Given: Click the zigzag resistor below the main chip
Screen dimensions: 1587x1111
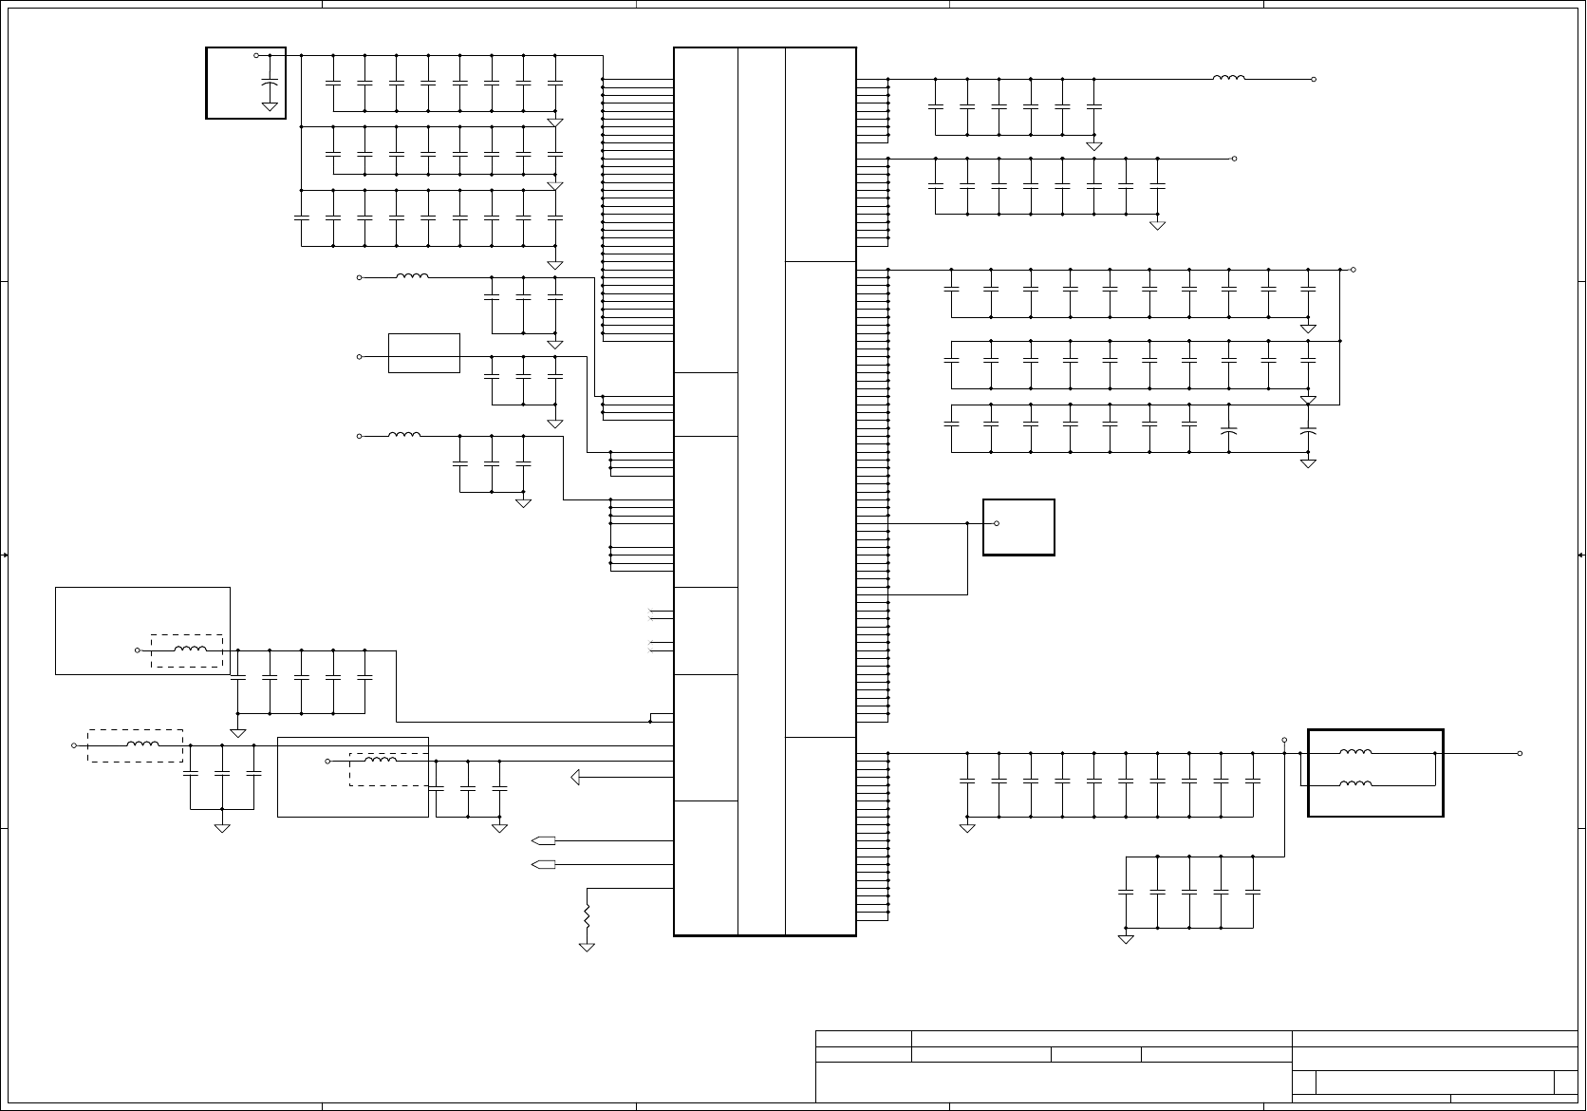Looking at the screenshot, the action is pos(587,917).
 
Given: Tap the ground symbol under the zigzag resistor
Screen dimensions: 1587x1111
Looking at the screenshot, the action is pos(587,947).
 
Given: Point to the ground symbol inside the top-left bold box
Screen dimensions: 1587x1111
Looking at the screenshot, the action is pos(270,106).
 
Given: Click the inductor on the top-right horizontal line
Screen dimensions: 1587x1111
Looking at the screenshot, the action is pos(1229,79).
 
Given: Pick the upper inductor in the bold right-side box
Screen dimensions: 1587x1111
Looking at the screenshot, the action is pos(1355,753).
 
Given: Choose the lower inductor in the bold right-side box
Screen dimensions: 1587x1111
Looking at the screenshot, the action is pos(1355,784).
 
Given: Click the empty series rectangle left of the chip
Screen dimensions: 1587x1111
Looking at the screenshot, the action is pos(424,353).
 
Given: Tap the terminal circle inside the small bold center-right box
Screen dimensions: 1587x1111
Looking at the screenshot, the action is pos(997,523).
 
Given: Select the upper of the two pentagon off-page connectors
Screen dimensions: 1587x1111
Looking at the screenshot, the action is pos(544,840).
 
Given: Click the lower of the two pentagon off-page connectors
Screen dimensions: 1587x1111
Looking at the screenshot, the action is pos(544,864).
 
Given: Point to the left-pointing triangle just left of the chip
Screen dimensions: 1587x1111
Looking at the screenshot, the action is pos(575,778).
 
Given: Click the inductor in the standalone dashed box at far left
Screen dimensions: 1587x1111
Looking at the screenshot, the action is pos(142,745).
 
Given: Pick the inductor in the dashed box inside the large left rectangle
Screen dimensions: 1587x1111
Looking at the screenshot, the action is pos(191,650).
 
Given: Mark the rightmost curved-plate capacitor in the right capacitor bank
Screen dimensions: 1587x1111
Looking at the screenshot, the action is pos(1308,432).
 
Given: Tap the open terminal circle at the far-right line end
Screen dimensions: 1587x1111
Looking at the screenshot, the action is pos(1520,753).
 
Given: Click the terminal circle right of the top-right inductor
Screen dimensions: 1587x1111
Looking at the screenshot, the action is pos(1314,80).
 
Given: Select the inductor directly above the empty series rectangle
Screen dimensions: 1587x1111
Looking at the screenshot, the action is pos(412,277).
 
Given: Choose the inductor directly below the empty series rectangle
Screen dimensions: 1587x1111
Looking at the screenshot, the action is pos(404,436).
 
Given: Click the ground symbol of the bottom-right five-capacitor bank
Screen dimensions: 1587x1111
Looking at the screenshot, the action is pos(1126,939).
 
